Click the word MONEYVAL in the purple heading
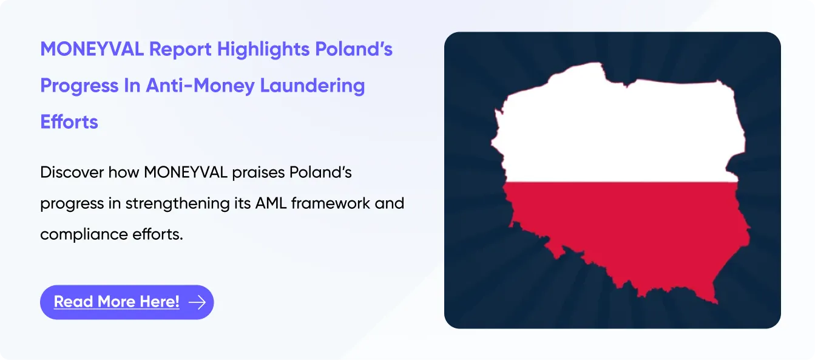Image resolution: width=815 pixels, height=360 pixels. [x=92, y=49]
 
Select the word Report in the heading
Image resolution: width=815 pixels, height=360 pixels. [x=180, y=50]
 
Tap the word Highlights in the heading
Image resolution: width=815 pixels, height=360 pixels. [x=263, y=50]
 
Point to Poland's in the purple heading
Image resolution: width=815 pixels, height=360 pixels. [x=354, y=49]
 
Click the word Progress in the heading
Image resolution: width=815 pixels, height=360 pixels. [x=79, y=86]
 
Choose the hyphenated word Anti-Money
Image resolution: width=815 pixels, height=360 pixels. [x=200, y=86]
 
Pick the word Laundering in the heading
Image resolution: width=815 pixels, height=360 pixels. [x=312, y=86]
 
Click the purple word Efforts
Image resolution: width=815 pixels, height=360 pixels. [x=69, y=121]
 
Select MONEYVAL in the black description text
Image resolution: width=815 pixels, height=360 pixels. [x=186, y=172]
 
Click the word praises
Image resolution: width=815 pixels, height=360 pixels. [x=259, y=173]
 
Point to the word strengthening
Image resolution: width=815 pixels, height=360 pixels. [x=178, y=204]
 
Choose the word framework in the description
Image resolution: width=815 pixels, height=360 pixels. [x=330, y=203]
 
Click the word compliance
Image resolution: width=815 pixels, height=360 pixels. [x=84, y=235]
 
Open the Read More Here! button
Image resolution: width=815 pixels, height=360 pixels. [x=127, y=302]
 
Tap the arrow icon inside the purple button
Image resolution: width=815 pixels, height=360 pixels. [x=197, y=302]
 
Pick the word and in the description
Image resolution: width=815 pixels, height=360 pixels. [x=390, y=203]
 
